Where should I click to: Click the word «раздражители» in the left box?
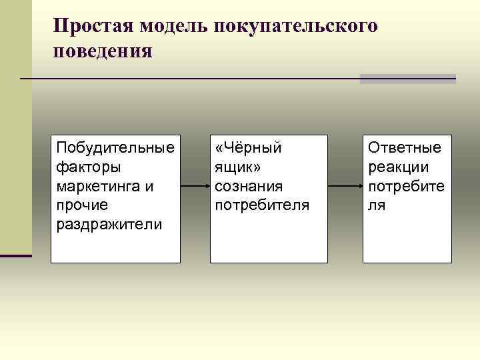click(x=109, y=224)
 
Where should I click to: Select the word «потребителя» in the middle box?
click(x=262, y=205)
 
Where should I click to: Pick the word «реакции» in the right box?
click(x=399, y=166)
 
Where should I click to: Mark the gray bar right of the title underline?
click(x=407, y=79)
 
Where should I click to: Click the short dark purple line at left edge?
click(x=15, y=255)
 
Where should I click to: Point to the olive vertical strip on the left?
click(x=15, y=133)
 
